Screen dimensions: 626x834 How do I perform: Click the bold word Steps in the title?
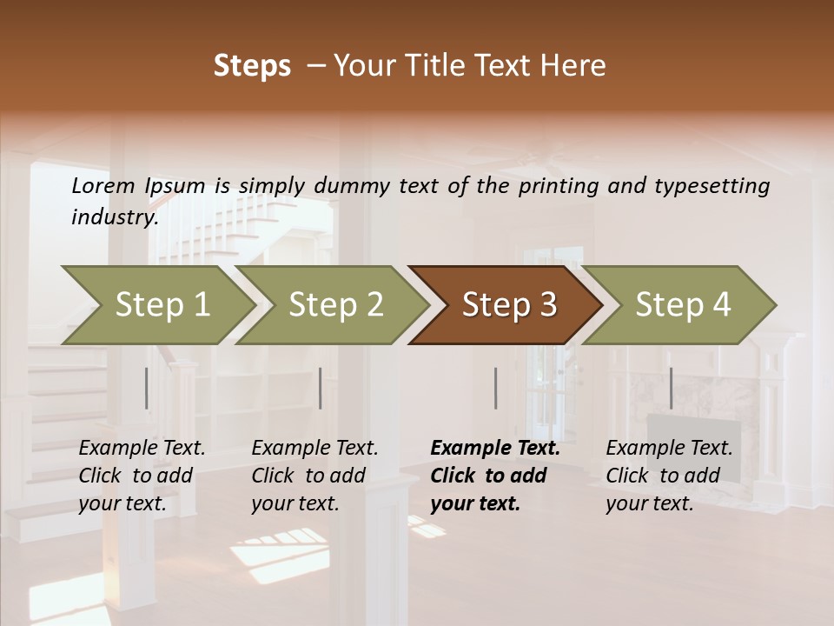(252, 66)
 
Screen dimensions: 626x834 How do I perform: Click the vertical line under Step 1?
(147, 388)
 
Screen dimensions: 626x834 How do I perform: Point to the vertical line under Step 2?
(321, 388)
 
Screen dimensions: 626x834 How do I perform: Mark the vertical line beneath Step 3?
(495, 388)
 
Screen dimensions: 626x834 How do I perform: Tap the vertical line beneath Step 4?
(671, 388)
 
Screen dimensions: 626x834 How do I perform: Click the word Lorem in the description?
(103, 186)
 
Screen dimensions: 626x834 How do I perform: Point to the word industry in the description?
(115, 217)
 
